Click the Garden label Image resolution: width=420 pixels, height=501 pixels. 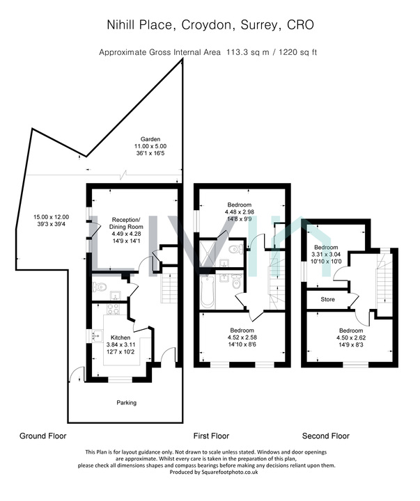pos(150,139)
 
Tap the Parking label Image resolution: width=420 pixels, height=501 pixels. pos(126,403)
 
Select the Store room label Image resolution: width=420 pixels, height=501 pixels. pos(327,299)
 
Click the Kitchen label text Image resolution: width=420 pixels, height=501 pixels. pos(120,337)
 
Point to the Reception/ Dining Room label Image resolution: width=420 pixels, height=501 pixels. pos(126,223)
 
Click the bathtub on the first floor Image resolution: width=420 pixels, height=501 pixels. pos(207,292)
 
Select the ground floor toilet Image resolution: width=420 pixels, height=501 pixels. pos(99,287)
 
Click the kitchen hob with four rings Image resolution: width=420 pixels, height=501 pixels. pos(113,309)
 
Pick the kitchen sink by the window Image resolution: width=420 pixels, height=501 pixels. pos(97,336)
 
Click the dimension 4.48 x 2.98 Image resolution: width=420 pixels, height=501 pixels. pos(240,212)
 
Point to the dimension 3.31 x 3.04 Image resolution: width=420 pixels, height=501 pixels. pos(326,255)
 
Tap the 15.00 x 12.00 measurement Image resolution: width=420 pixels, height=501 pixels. pos(51,217)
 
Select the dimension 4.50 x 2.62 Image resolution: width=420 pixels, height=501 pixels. pos(351,337)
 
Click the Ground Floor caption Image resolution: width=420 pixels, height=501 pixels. pos(43,436)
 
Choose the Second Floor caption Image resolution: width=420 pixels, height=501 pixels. pos(326,436)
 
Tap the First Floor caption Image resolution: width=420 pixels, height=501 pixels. pos(211,436)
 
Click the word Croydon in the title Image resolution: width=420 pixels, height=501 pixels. pos(206,25)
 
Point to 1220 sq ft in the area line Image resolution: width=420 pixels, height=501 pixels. pos(298,52)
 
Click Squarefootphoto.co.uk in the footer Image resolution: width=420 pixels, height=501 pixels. pos(229,472)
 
